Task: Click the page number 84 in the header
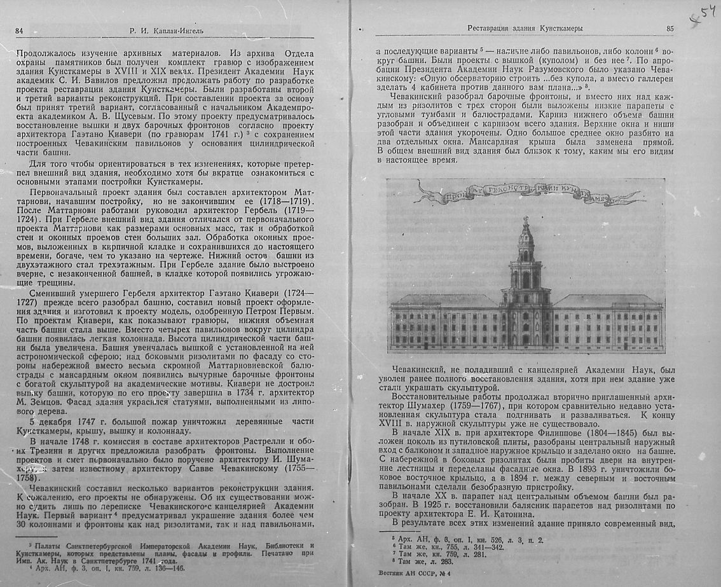tap(19, 31)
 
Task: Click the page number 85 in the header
tap(670, 28)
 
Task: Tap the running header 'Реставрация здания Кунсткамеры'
tap(525, 28)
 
